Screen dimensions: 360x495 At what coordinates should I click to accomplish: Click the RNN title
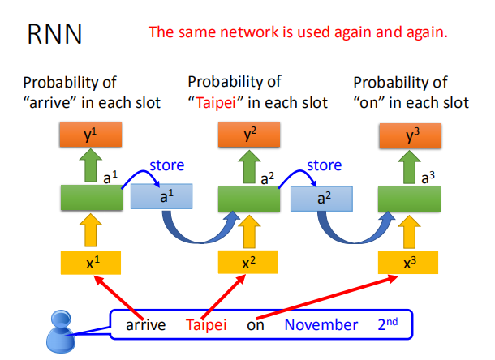54,35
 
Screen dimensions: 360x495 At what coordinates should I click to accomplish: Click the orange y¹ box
91,134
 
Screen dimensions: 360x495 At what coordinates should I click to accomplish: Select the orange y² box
250,134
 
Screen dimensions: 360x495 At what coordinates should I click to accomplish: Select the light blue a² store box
321,197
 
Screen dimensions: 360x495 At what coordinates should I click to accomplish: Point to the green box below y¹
91,197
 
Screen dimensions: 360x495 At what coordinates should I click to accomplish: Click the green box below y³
410,197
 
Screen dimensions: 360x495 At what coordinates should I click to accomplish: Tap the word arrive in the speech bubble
146,325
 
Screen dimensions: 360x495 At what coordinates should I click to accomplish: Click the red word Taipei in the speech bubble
206,325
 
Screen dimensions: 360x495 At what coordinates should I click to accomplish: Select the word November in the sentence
321,325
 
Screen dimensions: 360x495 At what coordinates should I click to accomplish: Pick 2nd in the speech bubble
389,324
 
